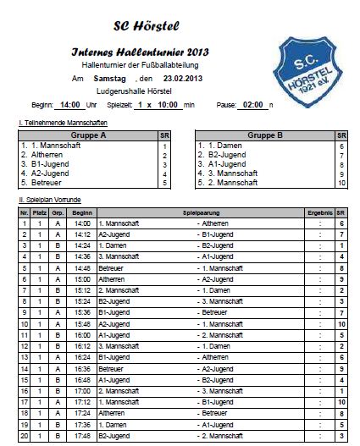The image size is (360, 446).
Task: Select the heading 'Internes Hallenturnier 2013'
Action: click(x=139, y=52)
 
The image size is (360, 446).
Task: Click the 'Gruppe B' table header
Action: click(x=265, y=135)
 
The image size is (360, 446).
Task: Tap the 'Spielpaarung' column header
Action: click(x=201, y=212)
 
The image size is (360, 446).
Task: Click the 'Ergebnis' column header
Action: click(x=320, y=212)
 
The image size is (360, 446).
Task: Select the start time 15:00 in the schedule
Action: click(x=82, y=278)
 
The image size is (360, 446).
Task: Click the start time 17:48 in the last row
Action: click(x=82, y=436)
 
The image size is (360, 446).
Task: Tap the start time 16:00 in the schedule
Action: click(x=82, y=334)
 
